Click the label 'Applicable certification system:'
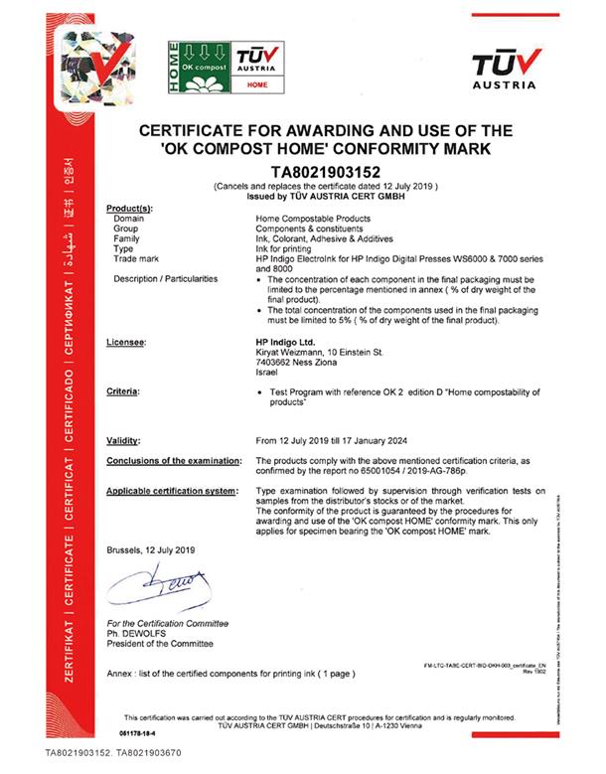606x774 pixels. click(x=175, y=491)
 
